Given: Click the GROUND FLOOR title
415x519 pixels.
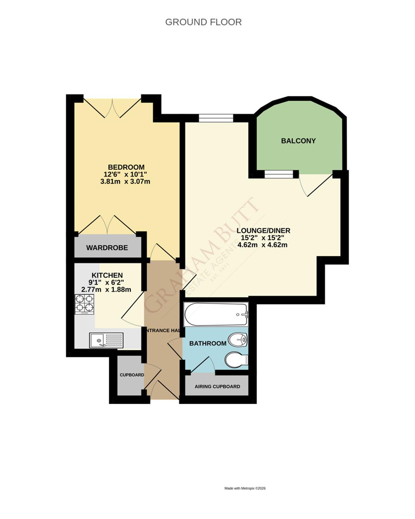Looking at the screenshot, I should pyautogui.click(x=203, y=22).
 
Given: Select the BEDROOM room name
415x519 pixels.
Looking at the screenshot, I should pyautogui.click(x=126, y=167).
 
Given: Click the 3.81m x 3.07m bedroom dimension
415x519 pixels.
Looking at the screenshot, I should pyautogui.click(x=125, y=181).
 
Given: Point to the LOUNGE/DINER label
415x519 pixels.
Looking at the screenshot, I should pyautogui.click(x=264, y=231).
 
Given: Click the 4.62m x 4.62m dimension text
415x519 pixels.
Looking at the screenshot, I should pyautogui.click(x=263, y=245).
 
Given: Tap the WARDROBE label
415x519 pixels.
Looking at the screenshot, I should pyautogui.click(x=107, y=248).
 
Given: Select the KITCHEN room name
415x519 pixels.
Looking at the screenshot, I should pyautogui.click(x=107, y=275).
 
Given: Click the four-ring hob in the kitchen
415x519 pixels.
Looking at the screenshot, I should pyautogui.click(x=84, y=304).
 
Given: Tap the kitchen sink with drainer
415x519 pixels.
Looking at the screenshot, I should pyautogui.click(x=106, y=340).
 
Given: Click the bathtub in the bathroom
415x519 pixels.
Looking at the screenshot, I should pyautogui.click(x=216, y=314).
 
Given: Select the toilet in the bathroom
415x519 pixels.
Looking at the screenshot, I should pyautogui.click(x=237, y=360).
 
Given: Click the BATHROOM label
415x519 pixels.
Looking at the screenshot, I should pyautogui.click(x=208, y=344).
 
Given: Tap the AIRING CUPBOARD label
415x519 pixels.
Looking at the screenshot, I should pyautogui.click(x=217, y=386).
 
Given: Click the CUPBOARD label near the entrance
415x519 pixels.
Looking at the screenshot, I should pyautogui.click(x=132, y=375).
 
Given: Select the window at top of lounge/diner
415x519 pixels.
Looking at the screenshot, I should pyautogui.click(x=216, y=118).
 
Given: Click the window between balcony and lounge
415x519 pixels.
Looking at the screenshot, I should pyautogui.click(x=279, y=174).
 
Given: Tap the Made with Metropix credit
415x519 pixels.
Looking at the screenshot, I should pyautogui.click(x=245, y=489).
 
